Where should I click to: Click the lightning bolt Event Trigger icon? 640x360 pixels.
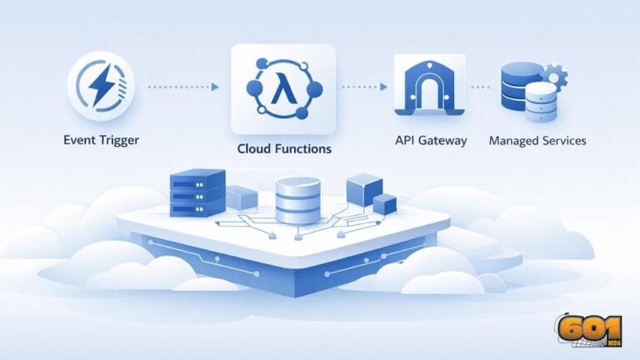tap(101, 87)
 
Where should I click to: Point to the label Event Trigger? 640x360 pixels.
tap(101, 141)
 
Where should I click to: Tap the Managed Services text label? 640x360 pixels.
tap(537, 141)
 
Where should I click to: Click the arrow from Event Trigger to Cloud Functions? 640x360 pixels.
tap(183, 87)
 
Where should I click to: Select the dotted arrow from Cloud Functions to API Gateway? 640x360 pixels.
tap(363, 87)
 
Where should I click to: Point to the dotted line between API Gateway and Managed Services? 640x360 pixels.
tap(480, 87)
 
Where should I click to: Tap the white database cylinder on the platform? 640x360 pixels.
tap(297, 201)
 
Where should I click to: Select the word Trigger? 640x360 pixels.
tap(118, 141)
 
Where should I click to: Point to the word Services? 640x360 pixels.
tap(564, 141)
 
